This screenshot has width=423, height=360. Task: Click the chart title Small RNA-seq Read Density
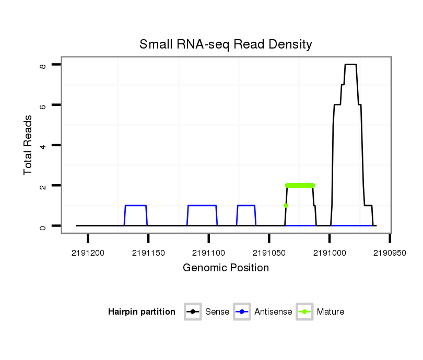[226, 44]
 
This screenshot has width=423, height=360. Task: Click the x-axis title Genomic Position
[226, 268]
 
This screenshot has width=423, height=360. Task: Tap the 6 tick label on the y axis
[44, 105]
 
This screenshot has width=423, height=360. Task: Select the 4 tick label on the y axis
[44, 145]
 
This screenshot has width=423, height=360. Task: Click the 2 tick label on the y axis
[44, 186]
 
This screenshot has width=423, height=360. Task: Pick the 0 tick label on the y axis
[44, 226]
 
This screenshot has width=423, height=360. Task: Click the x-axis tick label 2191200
[88, 253]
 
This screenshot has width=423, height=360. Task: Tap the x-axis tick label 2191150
[148, 253]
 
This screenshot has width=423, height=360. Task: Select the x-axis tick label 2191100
[208, 253]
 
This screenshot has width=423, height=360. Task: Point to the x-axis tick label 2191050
[269, 253]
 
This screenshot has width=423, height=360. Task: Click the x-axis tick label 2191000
[330, 253]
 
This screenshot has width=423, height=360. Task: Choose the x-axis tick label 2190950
[390, 253]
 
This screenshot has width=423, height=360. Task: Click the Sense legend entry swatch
[193, 312]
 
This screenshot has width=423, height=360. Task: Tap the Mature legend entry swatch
[304, 312]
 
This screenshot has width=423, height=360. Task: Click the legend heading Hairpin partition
[142, 312]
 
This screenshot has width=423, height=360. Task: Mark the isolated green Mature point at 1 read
[286, 206]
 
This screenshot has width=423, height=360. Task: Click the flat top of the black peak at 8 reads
[350, 64]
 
